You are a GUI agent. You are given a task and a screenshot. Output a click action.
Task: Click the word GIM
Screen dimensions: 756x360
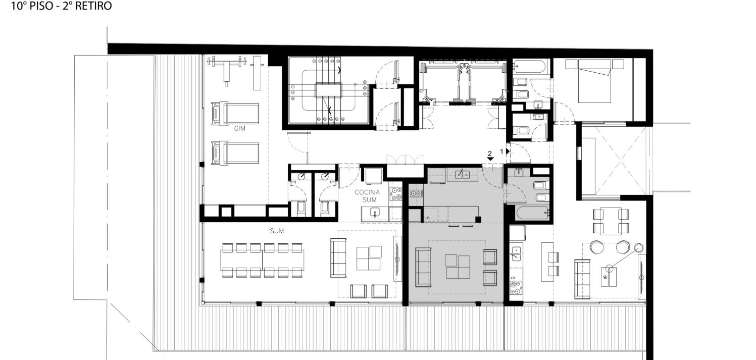pos(239,129)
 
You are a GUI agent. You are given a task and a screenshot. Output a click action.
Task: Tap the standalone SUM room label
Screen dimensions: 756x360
pos(277,231)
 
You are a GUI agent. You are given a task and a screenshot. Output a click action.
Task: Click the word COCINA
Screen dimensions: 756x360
pos(367,192)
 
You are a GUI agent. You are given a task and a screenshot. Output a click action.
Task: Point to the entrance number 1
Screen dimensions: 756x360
pos(501,151)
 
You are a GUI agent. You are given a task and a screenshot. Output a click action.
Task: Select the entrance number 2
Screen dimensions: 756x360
pos(490,154)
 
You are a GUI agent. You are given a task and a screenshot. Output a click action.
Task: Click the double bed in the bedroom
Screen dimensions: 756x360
pos(595,81)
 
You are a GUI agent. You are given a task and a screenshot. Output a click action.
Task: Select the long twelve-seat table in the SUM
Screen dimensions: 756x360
pos(262,260)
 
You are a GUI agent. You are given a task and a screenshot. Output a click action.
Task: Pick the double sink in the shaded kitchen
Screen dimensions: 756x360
pos(463,175)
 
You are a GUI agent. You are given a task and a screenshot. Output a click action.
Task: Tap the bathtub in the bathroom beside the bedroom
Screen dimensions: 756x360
pos(529,67)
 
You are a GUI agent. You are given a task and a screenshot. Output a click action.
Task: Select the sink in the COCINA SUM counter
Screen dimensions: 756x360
pos(374,213)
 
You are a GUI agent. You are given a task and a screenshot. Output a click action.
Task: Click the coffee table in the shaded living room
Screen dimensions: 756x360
pos(458,267)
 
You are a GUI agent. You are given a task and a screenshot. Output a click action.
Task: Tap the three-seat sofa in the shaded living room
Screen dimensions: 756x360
pos(423,267)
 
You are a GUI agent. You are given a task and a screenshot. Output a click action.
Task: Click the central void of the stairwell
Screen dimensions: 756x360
pos(328,90)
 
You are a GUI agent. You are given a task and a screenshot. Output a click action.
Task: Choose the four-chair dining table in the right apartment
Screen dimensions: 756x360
pos(611,221)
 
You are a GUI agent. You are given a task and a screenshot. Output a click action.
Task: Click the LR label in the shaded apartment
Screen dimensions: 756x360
pos(427,218)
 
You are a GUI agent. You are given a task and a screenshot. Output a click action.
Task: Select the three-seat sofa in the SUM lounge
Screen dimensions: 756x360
pos(338,258)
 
